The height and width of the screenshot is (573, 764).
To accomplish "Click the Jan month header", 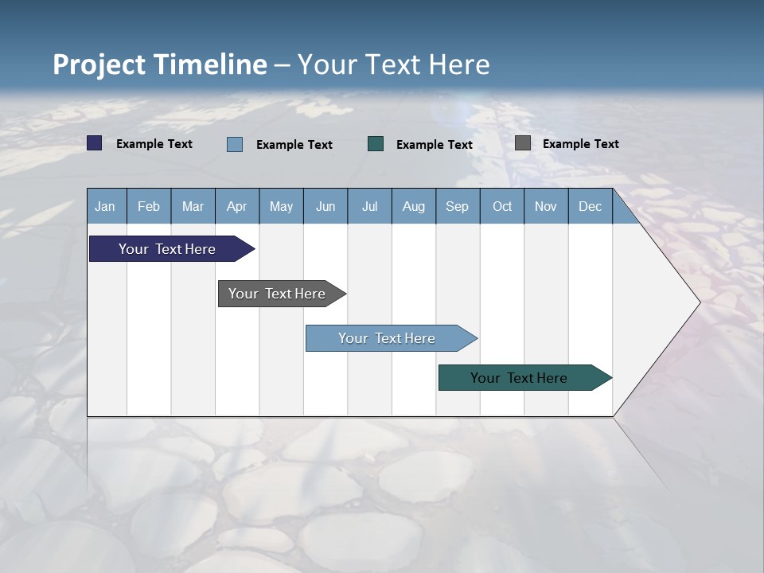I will click(105, 206).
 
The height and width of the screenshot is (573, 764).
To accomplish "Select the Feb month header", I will click(149, 206).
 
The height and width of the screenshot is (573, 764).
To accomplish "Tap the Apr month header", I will click(236, 206).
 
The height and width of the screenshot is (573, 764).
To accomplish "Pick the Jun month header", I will click(325, 206).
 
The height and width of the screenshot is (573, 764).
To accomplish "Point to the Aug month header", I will click(413, 206).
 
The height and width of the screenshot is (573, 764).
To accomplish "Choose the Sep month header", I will click(457, 206).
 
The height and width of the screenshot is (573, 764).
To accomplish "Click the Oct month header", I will click(502, 206).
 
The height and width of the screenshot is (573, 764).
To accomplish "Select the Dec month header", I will click(590, 206).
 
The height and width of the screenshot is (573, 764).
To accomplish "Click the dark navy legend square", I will click(95, 143).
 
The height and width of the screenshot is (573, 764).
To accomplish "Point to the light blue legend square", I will click(235, 144).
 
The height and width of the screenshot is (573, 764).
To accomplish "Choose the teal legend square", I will click(376, 144).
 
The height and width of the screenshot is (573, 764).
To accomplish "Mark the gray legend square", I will click(523, 143).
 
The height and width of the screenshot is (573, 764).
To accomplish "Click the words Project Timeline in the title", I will click(159, 64).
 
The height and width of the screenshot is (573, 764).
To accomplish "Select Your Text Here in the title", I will click(394, 64).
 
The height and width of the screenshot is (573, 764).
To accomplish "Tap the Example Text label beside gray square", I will click(580, 144).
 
